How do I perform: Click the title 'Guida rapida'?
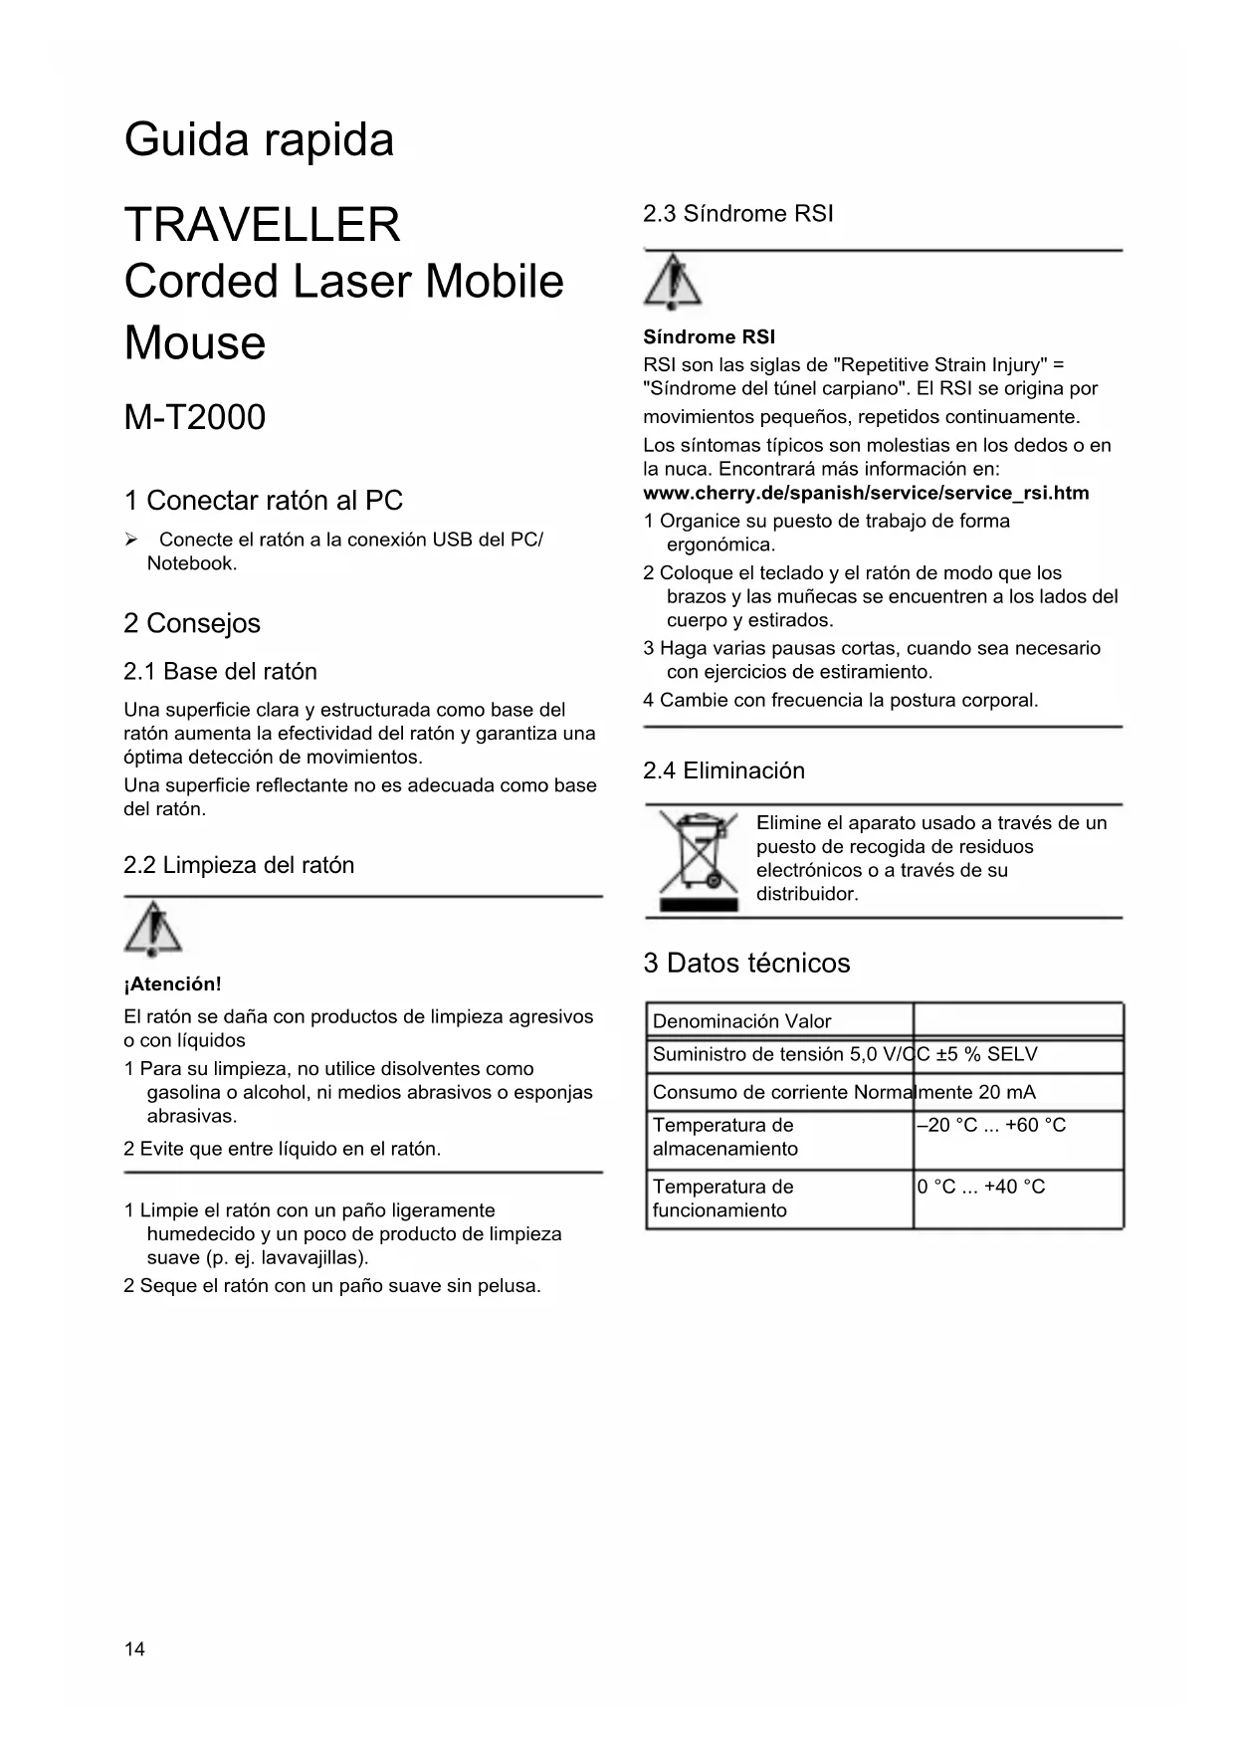[x=259, y=139]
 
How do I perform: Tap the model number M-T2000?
[x=195, y=417]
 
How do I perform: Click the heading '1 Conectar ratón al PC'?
[x=263, y=501]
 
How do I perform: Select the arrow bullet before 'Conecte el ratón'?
[x=130, y=540]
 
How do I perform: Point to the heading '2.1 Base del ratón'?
[x=220, y=672]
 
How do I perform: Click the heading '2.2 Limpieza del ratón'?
[x=239, y=865]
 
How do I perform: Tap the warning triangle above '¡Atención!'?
[x=153, y=929]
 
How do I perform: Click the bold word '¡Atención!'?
[x=172, y=984]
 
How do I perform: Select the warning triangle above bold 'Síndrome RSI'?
[x=673, y=282]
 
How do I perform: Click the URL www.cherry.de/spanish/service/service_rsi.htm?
[x=866, y=493]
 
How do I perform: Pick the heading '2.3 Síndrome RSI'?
[x=737, y=214]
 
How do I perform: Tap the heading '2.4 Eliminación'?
[x=723, y=770]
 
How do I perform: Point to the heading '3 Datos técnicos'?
[x=746, y=964]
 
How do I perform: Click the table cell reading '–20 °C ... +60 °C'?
[x=991, y=1126]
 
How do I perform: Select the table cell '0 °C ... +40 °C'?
[x=981, y=1187]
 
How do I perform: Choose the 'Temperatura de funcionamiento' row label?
[x=722, y=1199]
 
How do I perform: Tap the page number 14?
[x=134, y=1649]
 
